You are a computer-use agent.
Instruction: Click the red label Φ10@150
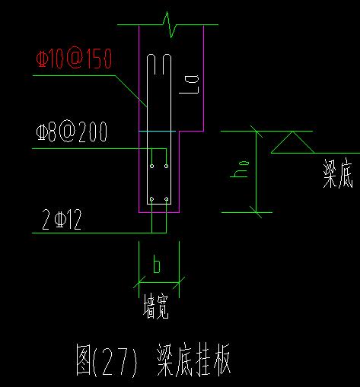point(74,58)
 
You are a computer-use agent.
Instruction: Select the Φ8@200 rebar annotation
point(72,132)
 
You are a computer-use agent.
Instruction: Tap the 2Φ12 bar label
point(62,220)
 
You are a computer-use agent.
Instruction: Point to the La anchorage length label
point(189,84)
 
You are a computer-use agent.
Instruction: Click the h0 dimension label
point(240,170)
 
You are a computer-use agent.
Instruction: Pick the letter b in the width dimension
point(157,264)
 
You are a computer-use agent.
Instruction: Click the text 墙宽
point(156,306)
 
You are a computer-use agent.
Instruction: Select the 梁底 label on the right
point(338,173)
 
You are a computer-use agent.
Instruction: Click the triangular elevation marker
point(292,142)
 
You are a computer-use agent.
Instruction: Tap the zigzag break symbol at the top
point(170,25)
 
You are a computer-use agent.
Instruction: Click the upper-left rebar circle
point(151,166)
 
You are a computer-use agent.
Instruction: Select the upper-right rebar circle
point(166,166)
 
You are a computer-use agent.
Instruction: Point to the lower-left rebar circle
point(151,199)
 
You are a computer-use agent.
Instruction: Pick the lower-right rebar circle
point(166,199)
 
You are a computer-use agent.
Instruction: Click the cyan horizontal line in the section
point(157,132)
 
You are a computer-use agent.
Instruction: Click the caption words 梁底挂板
point(193,360)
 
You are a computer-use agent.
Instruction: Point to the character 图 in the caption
point(84,360)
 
